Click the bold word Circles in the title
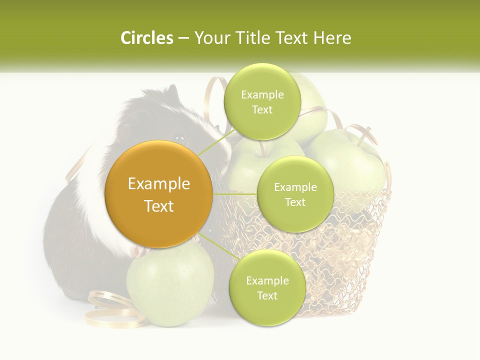146,38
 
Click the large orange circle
159,194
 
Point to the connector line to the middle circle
235,193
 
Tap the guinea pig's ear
171,92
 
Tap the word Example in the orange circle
159,184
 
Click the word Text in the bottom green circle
267,295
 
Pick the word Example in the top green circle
262,94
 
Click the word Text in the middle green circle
295,202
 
